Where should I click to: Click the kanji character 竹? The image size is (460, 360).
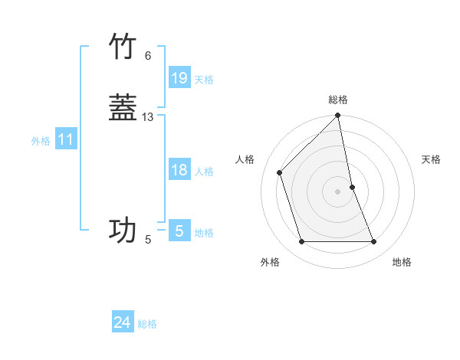tap(123, 47)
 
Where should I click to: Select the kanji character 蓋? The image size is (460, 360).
tap(123, 108)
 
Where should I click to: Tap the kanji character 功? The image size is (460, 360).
tap(123, 230)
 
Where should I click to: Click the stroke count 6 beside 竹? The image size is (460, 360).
tap(148, 56)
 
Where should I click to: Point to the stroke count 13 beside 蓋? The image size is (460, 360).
tap(148, 117)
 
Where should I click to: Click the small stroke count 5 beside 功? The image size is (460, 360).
tap(148, 240)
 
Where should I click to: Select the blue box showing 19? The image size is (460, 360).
tap(179, 78)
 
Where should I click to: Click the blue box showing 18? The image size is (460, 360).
tap(179, 170)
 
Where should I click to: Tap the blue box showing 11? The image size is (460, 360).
tap(66, 140)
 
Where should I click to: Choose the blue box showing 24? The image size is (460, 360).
tap(123, 322)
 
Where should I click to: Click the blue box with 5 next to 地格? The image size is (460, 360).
tap(179, 231)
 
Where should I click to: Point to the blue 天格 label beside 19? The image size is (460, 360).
tap(204, 80)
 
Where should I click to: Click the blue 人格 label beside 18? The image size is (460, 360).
tap(204, 172)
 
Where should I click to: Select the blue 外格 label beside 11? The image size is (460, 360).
tap(41, 141)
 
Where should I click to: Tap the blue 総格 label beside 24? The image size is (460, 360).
tap(147, 324)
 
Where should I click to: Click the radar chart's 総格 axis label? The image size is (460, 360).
tap(338, 100)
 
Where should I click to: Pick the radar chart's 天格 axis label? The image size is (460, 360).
tap(432, 159)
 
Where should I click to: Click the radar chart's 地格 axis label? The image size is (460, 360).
tap(402, 262)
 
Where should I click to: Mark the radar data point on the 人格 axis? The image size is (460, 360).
tap(280, 172)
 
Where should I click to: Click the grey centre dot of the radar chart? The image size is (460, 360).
tap(338, 191)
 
